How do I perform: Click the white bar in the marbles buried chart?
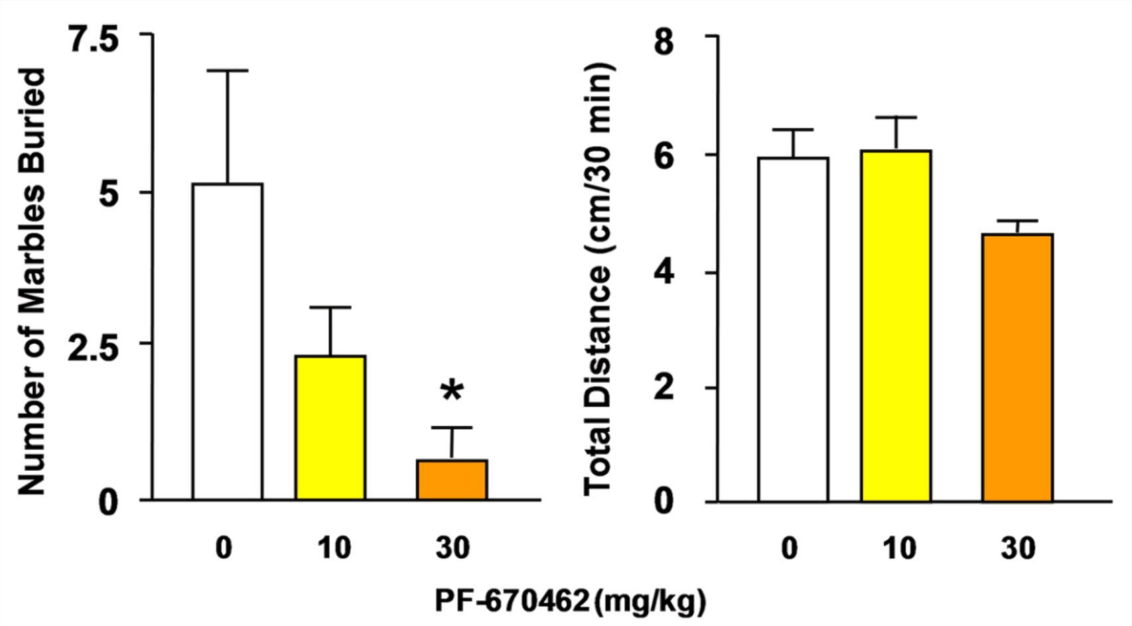(x=227, y=341)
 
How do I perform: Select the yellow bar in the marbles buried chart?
(x=330, y=427)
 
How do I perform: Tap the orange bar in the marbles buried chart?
(x=452, y=479)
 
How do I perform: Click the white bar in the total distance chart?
(x=793, y=329)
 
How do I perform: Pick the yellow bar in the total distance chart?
(x=896, y=325)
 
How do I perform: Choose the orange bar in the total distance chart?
(x=1017, y=367)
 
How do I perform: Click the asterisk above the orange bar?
(x=452, y=391)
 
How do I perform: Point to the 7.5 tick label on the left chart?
(x=94, y=40)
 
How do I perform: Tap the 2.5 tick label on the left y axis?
(x=94, y=349)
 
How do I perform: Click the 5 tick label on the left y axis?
(x=109, y=194)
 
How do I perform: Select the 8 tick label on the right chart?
(x=664, y=41)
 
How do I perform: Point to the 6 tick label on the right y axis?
(x=664, y=156)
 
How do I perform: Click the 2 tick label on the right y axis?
(x=664, y=388)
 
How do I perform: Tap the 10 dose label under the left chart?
(x=333, y=548)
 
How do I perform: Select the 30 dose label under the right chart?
(x=1017, y=548)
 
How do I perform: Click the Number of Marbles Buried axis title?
(x=31, y=281)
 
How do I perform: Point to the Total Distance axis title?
(x=599, y=279)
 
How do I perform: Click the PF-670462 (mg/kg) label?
(x=570, y=601)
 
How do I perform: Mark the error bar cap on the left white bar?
(x=227, y=70)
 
